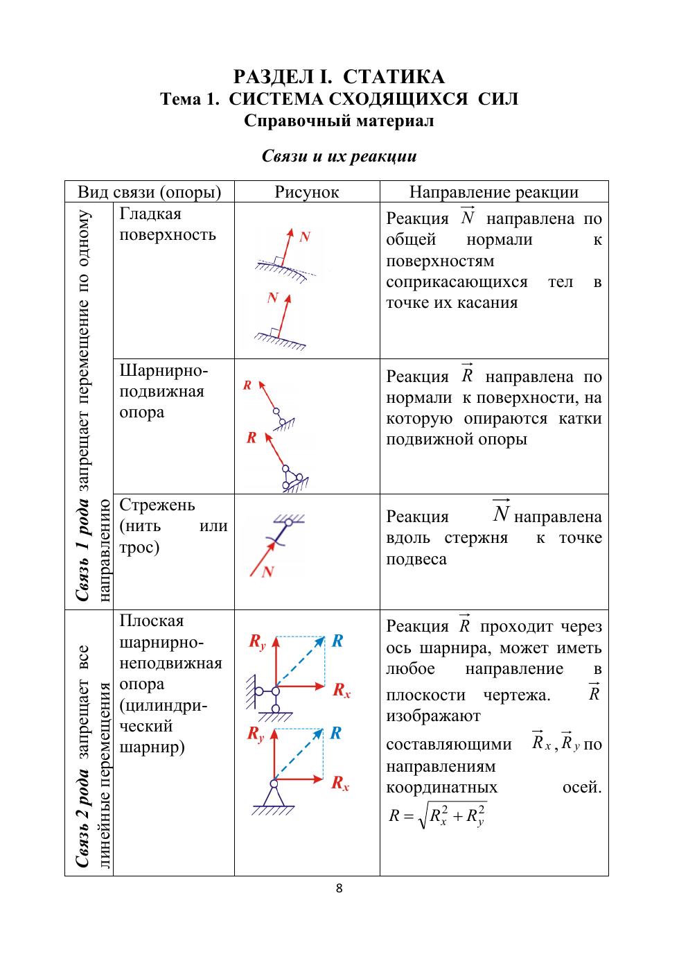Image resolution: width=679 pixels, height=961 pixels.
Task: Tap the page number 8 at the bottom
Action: click(x=339, y=888)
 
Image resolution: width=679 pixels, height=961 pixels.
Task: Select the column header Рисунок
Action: click(x=307, y=192)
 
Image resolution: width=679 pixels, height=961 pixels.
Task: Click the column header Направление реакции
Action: click(x=494, y=192)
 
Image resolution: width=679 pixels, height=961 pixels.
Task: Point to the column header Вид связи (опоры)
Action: click(x=149, y=192)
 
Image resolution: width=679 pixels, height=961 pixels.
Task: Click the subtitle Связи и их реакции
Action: click(x=339, y=156)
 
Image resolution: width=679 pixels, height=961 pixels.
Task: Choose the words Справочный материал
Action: click(x=339, y=121)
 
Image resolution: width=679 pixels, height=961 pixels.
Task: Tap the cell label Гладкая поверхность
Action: click(x=168, y=224)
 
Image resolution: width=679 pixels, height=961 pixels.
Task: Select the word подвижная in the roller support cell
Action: click(x=162, y=391)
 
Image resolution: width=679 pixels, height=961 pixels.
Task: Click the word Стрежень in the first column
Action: click(x=157, y=505)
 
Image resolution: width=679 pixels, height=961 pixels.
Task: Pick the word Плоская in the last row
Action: click(x=152, y=621)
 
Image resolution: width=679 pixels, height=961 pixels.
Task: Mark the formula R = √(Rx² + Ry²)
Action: click(x=437, y=815)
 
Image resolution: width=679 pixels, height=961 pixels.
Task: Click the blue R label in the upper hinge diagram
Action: click(x=337, y=641)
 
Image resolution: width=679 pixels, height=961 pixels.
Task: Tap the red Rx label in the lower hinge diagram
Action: click(x=340, y=783)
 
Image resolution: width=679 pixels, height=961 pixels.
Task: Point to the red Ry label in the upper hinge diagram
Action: click(x=257, y=643)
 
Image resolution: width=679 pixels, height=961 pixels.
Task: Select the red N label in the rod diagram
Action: click(x=268, y=572)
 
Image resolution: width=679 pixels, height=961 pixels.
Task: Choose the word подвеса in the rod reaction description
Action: click(x=416, y=559)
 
